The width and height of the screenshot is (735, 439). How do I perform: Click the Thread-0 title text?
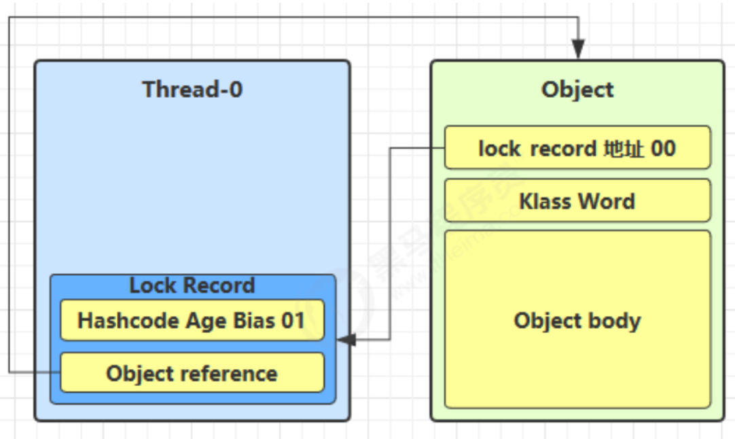(x=192, y=89)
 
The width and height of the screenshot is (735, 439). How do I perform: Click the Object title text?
(x=577, y=90)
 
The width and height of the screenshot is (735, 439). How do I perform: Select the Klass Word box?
(x=577, y=200)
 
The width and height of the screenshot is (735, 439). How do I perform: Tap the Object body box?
(x=577, y=319)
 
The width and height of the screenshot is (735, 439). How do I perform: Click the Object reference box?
(x=192, y=372)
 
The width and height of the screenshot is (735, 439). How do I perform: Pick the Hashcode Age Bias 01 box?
(x=192, y=320)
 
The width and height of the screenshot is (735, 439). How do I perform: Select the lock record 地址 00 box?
(x=577, y=147)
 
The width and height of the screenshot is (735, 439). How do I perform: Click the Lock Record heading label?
(x=192, y=285)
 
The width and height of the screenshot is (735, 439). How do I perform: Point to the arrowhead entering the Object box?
(x=578, y=49)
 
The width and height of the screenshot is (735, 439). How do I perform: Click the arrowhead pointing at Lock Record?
(x=346, y=340)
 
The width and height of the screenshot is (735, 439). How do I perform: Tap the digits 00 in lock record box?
(x=663, y=148)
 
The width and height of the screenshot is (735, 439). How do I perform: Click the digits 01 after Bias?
(x=293, y=321)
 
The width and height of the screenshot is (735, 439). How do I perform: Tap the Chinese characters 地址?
(x=624, y=148)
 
